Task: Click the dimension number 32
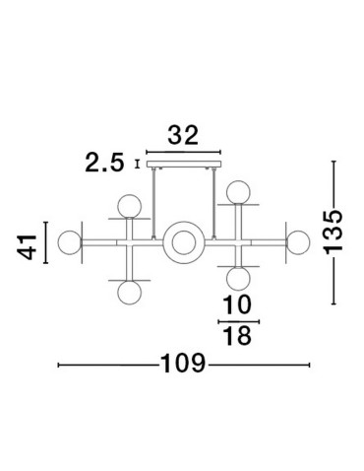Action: point(181,135)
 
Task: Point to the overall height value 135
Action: point(334,233)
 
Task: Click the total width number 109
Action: point(183,366)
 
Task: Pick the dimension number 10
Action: point(237,304)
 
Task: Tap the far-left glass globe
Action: point(68,240)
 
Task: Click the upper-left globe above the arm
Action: point(127,207)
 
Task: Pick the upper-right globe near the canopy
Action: point(237,192)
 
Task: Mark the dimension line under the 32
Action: point(181,149)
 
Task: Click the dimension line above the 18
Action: point(237,321)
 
